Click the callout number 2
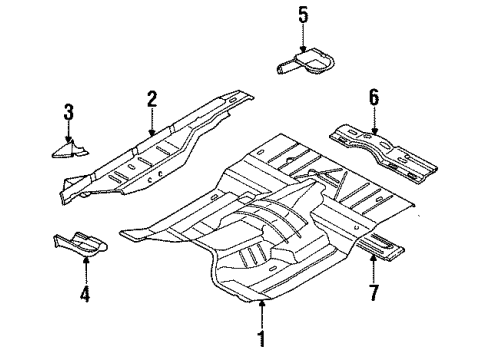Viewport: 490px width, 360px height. pyautogui.click(x=152, y=98)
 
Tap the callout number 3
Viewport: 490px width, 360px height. pyautogui.click(x=68, y=113)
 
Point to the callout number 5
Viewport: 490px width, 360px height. pyautogui.click(x=303, y=15)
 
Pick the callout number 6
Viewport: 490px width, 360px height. pyautogui.click(x=374, y=96)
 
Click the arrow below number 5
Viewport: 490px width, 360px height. pyautogui.click(x=303, y=38)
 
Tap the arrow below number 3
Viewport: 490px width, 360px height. pyautogui.click(x=68, y=133)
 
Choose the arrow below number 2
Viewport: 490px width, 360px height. pyautogui.click(x=152, y=122)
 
